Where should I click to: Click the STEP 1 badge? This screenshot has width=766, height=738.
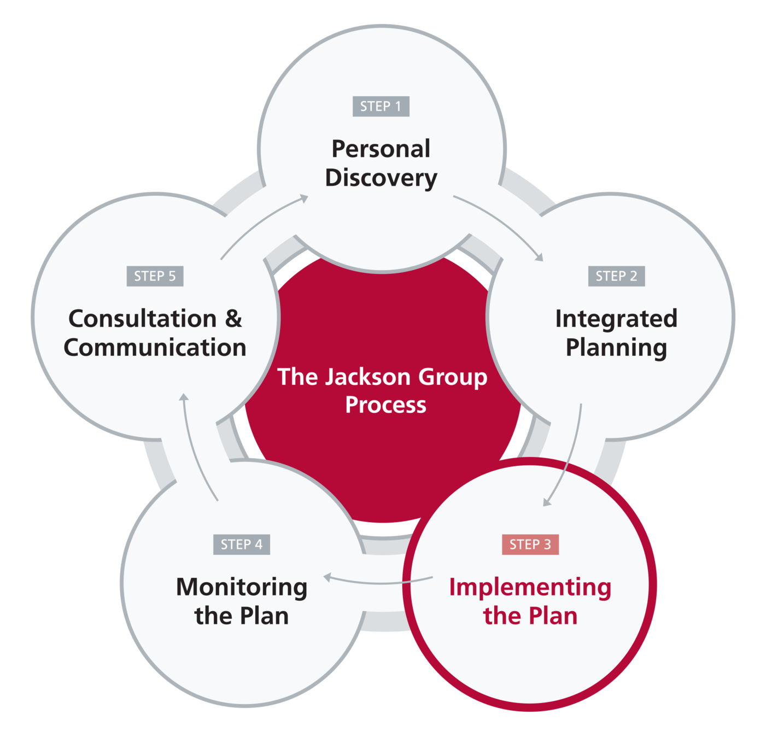pos(381,106)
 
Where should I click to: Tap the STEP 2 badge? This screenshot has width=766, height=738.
pos(616,276)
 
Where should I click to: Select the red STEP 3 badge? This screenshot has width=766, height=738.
pos(530,544)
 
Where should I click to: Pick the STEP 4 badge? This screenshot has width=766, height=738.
pos(241,544)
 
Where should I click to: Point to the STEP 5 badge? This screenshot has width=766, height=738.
pos(155,276)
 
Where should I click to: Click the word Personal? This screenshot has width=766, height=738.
pos(381,149)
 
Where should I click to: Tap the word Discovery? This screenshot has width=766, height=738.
pos(381,178)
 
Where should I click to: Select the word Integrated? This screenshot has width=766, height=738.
pos(616,319)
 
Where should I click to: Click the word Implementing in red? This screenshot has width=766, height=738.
pos(530,588)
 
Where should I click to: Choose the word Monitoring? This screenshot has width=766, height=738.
pos(241,588)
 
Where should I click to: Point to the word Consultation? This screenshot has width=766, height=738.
pos(142,319)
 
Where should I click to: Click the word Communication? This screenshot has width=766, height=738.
pos(155,348)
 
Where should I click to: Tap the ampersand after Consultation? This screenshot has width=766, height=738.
pos(233,319)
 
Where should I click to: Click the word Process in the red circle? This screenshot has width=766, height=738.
pos(385,405)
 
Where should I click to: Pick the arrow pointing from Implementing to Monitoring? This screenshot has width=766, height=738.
pos(377,582)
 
